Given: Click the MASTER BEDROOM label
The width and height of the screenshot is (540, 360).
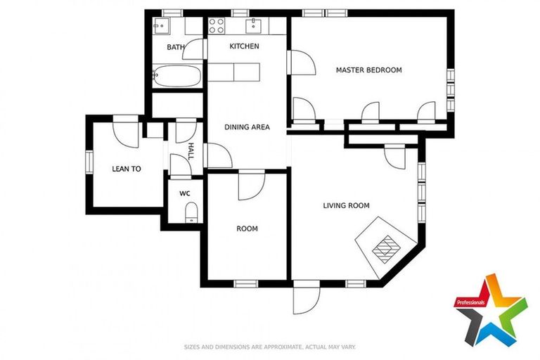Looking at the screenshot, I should coord(368,70).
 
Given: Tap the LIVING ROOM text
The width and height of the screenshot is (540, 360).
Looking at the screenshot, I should coord(346,206).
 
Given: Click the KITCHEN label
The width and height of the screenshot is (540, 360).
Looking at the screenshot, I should coord(244,46).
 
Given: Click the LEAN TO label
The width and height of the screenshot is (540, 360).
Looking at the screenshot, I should coord(127,169).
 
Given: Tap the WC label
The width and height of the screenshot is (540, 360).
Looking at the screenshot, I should coord(185,193).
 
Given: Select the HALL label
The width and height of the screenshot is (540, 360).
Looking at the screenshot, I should coord(190,150).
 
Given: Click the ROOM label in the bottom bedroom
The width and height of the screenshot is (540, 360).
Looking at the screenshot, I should coord(247,229).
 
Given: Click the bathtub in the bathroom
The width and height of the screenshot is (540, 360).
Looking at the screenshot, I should coord(176,75).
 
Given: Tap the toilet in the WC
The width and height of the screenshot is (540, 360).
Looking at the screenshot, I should coord(189,213).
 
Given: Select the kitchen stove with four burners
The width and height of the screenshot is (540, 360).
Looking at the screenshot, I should coord(217,26).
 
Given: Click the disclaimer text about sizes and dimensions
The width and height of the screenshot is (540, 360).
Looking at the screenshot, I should coord(269,347).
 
